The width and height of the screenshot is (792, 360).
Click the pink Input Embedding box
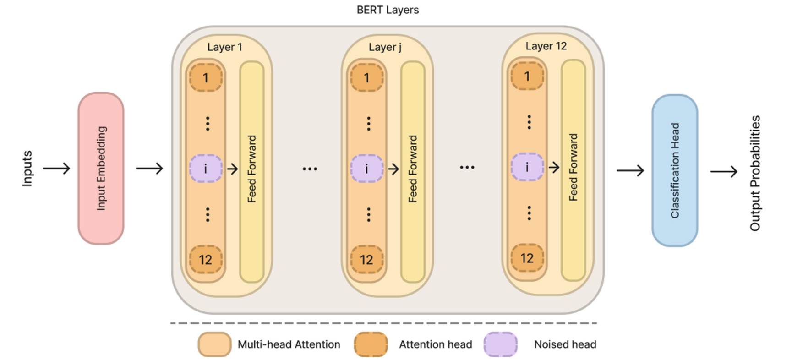(101, 169)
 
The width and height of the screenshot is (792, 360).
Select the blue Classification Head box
(674, 170)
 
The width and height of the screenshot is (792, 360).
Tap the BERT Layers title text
(388, 10)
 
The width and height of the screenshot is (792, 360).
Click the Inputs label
(27, 169)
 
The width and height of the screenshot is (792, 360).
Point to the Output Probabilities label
(755, 173)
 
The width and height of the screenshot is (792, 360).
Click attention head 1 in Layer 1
(206, 78)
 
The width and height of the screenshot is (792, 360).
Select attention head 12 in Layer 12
(527, 258)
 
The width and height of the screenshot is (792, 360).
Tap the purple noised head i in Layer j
(366, 169)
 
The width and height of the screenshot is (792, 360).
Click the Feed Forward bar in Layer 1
(251, 171)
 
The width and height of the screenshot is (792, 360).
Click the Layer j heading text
(385, 47)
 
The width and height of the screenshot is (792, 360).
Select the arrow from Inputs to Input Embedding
(56, 169)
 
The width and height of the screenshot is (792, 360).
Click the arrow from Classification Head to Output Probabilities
(724, 171)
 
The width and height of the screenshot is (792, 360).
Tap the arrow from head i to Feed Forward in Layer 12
(554, 168)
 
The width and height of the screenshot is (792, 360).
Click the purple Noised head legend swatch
(500, 344)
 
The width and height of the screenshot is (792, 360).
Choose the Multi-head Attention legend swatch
(214, 344)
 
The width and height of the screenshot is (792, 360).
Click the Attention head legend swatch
(371, 344)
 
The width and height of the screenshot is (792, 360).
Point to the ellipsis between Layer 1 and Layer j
(310, 169)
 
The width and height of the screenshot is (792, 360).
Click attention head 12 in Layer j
(366, 260)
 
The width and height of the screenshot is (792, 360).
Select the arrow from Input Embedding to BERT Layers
(149, 169)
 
